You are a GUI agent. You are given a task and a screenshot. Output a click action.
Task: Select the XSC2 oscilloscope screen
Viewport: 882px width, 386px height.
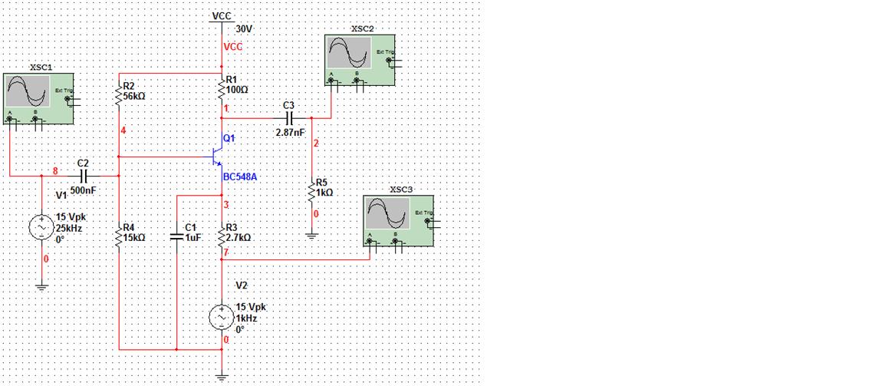(349, 54)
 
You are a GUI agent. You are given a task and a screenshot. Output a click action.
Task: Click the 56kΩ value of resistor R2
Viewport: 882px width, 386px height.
(134, 97)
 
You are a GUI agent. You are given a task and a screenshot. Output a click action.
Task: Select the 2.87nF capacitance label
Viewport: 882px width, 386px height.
(290, 132)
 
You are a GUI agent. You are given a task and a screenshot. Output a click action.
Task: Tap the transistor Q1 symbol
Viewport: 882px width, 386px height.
(216, 157)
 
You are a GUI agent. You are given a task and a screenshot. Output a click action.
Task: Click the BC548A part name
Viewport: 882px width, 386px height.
(241, 177)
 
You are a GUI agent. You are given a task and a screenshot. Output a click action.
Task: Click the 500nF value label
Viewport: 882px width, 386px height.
(83, 190)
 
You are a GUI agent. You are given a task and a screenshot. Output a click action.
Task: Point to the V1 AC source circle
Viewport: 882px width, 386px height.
(41, 227)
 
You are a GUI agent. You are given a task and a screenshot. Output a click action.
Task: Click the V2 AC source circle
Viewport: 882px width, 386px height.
(222, 318)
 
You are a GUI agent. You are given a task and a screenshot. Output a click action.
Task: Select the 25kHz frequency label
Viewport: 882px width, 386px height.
(69, 228)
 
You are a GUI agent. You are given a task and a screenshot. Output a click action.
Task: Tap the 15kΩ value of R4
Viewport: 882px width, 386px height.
(134, 238)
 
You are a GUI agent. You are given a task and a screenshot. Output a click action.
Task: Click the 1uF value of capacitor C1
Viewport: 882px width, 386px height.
(193, 238)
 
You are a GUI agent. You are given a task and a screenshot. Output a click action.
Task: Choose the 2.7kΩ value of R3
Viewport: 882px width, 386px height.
(239, 238)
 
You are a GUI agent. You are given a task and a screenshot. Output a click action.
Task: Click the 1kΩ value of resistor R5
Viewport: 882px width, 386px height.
(324, 193)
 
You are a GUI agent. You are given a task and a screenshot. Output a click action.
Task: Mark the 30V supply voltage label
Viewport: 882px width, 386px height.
(245, 28)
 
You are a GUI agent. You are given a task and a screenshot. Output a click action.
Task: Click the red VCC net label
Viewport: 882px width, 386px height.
(232, 47)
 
